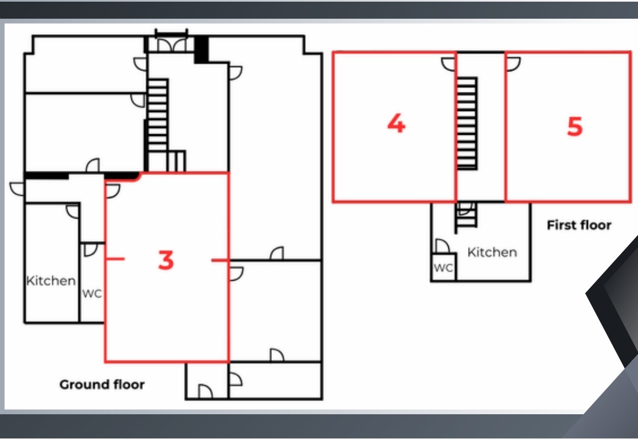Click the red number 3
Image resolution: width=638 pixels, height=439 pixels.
coord(166,260)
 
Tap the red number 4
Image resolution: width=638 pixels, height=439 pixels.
coord(396,123)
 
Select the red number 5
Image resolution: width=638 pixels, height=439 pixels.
coord(574,127)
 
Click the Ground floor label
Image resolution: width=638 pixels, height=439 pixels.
coord(102,384)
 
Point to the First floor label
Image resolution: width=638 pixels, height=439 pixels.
coord(579,225)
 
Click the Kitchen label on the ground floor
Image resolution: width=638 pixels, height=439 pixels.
coord(51,281)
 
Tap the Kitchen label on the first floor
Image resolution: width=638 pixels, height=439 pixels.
coord(492,253)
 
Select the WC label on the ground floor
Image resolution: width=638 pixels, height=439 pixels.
coord(92,294)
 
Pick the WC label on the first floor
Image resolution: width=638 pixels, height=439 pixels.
coord(443,268)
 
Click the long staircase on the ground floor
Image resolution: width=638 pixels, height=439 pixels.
coord(157,124)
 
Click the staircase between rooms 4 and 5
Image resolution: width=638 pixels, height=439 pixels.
coord(468,123)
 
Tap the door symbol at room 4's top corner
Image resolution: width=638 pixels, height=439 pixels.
coord(448,65)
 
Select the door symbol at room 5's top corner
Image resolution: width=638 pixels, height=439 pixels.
coord(513,65)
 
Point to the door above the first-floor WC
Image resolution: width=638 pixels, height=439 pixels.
coord(441,247)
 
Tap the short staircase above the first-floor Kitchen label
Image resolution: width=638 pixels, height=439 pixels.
coord(465,215)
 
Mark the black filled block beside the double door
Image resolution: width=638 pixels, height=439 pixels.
coord(201,49)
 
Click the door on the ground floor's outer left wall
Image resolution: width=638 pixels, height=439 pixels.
coord(17,188)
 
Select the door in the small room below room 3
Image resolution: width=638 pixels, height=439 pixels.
coord(205,391)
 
